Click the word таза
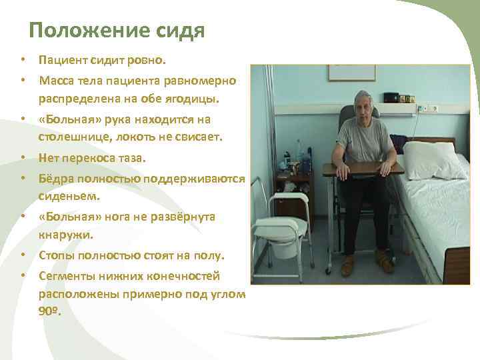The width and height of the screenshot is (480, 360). tap(131, 158)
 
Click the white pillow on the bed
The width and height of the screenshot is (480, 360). tap(433, 160)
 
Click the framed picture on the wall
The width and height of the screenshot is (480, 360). tap(351, 73)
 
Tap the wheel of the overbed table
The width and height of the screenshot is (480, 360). tap(327, 271)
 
